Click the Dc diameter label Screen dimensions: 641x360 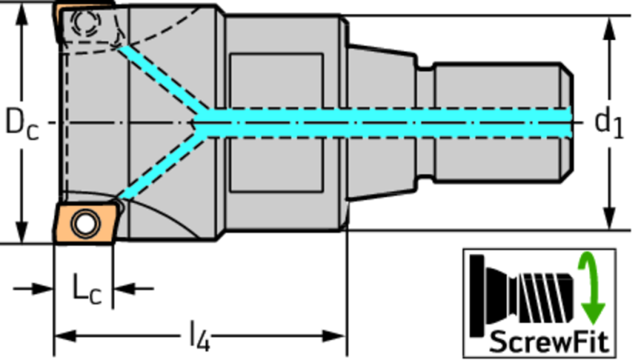(22, 123)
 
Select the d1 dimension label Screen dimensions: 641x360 (609, 123)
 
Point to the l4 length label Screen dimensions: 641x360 (200, 336)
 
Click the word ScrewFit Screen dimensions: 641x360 (548, 342)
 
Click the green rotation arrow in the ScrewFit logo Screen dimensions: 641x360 (591, 288)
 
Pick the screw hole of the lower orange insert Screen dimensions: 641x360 (85, 224)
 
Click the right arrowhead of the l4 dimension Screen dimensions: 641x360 (334, 336)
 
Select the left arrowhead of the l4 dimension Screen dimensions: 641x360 (67, 336)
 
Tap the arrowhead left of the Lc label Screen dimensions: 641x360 (42, 289)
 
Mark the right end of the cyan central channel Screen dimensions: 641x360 (570, 123)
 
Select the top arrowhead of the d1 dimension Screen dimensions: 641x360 (609, 28)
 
